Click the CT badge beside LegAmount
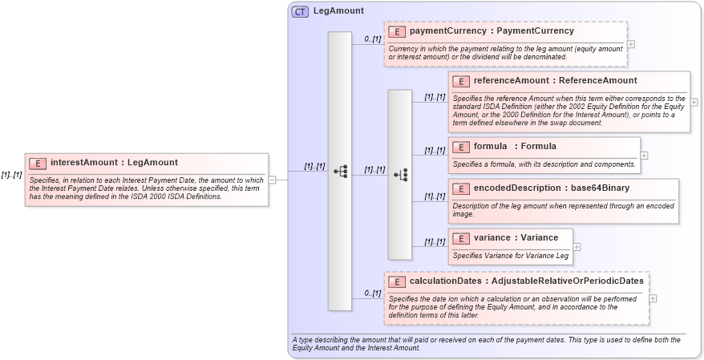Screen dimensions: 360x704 click(300, 11)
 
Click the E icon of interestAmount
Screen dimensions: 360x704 click(38, 163)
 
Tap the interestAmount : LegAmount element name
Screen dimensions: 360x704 click(119, 163)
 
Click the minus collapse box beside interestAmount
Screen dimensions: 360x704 click(273, 180)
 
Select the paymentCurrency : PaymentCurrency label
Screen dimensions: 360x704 click(492, 31)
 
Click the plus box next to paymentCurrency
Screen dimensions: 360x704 click(630, 44)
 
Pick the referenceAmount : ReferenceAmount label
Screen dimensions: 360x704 click(555, 81)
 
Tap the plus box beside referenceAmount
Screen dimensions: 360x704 click(694, 102)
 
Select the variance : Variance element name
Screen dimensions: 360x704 click(516, 238)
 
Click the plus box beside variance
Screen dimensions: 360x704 click(576, 246)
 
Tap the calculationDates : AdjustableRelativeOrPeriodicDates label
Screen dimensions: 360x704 click(526, 281)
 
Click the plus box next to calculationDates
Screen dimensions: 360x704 click(653, 298)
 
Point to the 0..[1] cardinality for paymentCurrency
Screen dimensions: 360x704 click(372, 38)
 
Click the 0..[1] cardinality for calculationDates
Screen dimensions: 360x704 click(372, 293)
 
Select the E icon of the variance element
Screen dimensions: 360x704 click(460, 238)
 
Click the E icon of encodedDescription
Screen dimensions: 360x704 click(460, 188)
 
